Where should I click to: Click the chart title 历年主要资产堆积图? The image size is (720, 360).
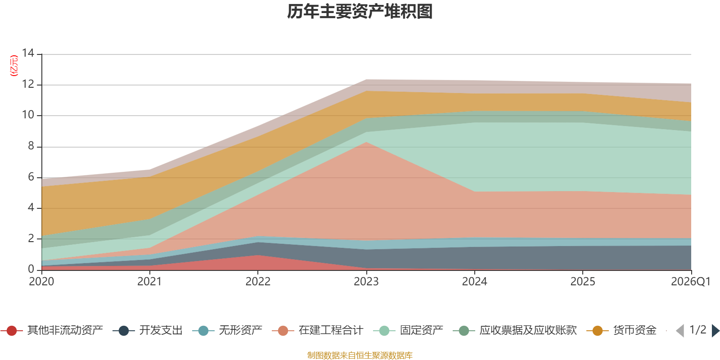[360, 12]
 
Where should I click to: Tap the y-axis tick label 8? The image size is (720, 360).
[31, 146]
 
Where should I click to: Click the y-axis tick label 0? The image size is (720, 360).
[31, 269]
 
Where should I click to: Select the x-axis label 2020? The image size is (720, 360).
[41, 282]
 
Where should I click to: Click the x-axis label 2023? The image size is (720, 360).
[366, 282]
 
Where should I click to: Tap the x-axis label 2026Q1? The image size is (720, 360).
[690, 282]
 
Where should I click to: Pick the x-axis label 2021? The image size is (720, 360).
[149, 282]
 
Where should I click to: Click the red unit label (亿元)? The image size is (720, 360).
[14, 66]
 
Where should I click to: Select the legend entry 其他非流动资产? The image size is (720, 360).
[52, 330]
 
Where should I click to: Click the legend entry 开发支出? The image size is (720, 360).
[148, 330]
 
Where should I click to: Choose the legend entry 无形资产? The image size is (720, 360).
[227, 330]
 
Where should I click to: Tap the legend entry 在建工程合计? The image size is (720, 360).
[318, 330]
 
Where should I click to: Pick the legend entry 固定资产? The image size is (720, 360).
[408, 330]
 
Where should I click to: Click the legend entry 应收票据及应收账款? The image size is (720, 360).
[515, 330]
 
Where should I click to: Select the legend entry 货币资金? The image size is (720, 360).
[621, 330]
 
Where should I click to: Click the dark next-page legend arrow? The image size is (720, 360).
[715, 331]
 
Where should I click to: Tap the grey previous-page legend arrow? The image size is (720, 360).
[680, 331]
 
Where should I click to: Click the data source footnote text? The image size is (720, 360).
[360, 355]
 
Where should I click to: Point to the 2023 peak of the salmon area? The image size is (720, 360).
[366, 142]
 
